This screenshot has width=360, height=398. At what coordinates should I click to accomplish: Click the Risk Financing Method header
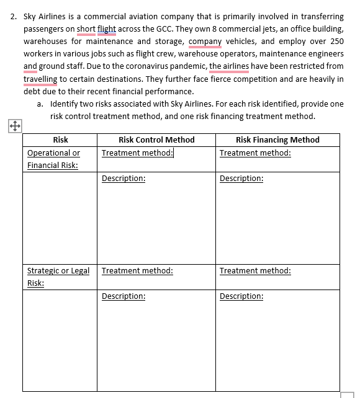(277, 140)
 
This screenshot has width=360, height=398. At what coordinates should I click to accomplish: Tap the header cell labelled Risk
(60, 140)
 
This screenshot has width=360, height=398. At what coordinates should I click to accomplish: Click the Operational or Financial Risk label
(53, 159)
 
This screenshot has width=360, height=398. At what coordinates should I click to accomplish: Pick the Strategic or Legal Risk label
(58, 277)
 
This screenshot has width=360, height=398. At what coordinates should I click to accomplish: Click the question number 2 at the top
(13, 16)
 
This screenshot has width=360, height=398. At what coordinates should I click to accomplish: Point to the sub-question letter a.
(40, 104)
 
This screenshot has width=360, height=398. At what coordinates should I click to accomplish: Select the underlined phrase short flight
(96, 29)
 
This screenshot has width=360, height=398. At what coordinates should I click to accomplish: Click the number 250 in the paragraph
(336, 41)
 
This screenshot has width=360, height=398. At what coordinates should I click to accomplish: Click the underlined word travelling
(40, 79)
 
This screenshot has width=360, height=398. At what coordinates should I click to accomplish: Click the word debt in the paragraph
(32, 91)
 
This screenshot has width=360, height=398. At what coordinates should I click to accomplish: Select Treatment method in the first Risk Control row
(137, 153)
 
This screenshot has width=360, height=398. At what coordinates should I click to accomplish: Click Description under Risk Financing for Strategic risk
(241, 296)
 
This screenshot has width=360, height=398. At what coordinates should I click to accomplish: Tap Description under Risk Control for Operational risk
(124, 179)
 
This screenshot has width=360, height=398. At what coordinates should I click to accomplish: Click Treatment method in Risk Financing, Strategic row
(255, 271)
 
